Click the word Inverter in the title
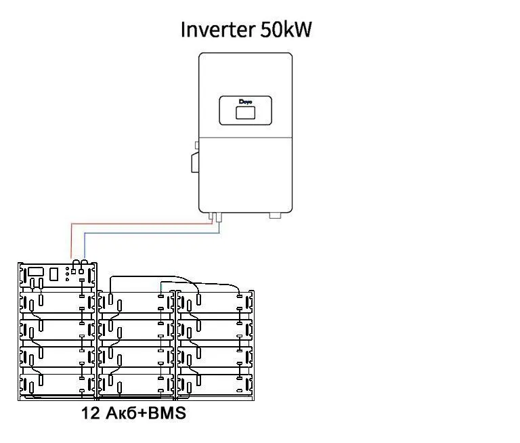[218, 29]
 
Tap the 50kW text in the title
[286, 29]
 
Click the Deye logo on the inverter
[245, 102]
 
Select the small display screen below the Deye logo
[245, 113]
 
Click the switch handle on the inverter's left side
[195, 163]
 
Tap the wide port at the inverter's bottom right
[275, 215]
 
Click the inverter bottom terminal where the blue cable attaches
[219, 217]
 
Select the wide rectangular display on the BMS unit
[36, 272]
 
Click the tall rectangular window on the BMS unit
[53, 274]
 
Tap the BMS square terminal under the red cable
[74, 272]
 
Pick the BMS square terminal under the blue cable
[81, 272]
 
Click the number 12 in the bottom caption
[91, 413]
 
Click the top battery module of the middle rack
[136, 303]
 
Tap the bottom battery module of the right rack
[215, 385]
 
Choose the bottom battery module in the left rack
[58, 385]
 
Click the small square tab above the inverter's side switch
[196, 145]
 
